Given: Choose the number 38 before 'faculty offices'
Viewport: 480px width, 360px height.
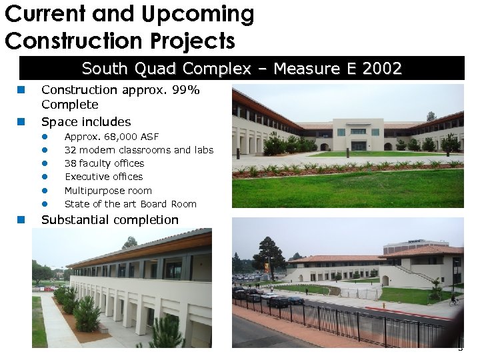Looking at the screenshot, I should pyautogui.click(x=70, y=163).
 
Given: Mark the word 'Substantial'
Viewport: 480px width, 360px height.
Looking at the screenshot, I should pyautogui.click(x=73, y=220).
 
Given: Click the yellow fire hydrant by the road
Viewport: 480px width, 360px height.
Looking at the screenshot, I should pyautogui.click(x=383, y=305).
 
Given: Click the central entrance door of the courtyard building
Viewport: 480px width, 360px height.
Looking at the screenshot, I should pyautogui.click(x=359, y=145).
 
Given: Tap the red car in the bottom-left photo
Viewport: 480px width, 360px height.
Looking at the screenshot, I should pyautogui.click(x=47, y=288).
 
